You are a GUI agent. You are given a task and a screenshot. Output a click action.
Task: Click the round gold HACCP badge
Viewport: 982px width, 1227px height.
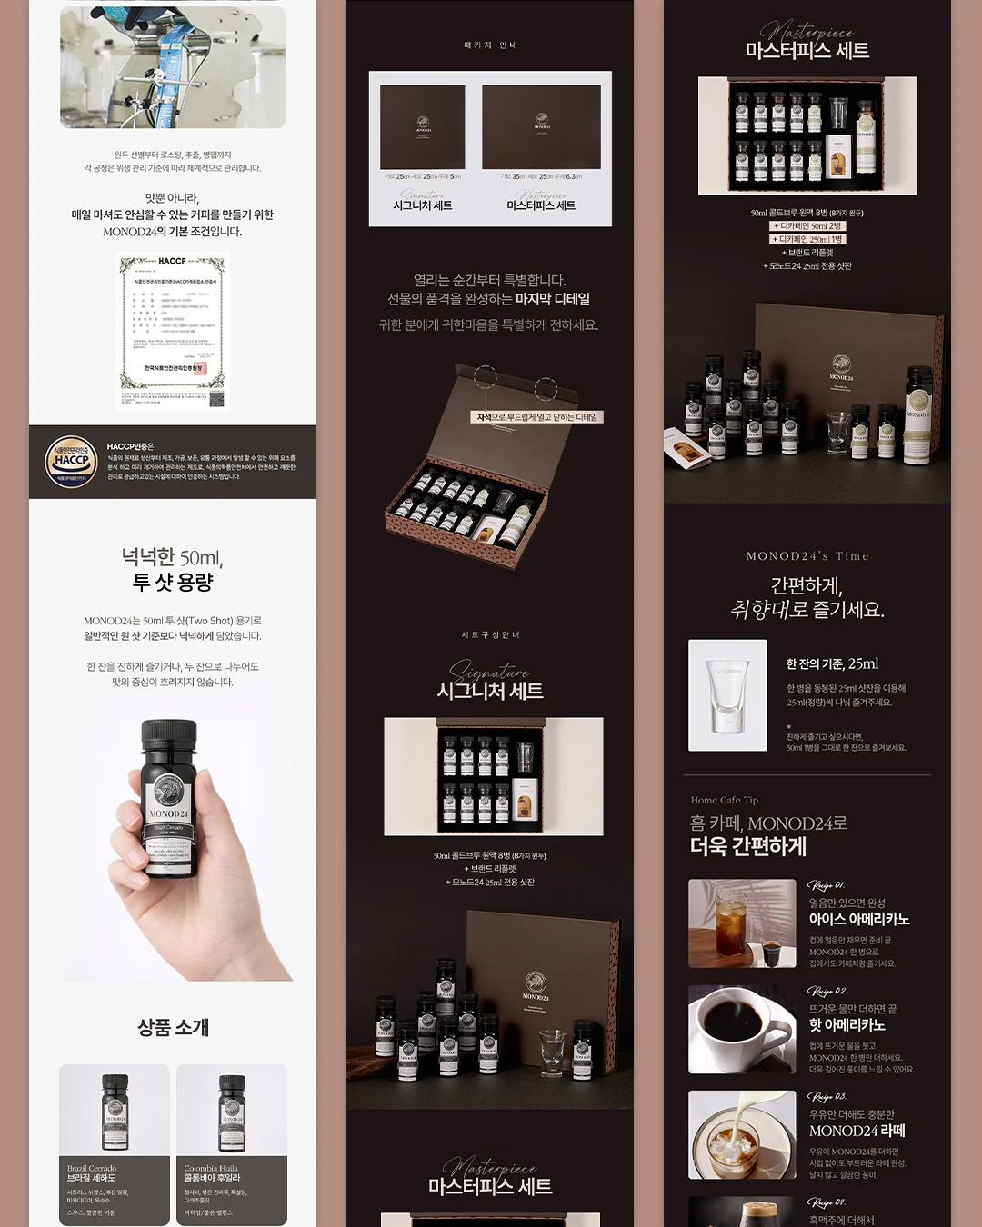pyautogui.click(x=71, y=461)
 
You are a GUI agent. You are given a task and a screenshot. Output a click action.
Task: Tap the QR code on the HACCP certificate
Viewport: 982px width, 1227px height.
pyautogui.click(x=216, y=399)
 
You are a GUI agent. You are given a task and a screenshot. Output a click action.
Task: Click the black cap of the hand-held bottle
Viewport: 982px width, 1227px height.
pyautogui.click(x=169, y=740)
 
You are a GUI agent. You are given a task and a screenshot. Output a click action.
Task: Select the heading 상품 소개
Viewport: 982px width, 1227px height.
pyautogui.click(x=173, y=1027)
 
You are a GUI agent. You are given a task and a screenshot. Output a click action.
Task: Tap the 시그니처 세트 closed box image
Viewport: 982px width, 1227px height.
pyautogui.click(x=423, y=127)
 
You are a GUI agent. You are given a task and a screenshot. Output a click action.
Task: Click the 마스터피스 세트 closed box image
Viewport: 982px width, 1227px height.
pyautogui.click(x=542, y=126)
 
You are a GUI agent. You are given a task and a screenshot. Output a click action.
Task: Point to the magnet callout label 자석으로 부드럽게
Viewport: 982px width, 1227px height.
pyautogui.click(x=537, y=417)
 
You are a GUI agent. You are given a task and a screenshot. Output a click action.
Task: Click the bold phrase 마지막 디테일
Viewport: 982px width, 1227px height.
pyautogui.click(x=553, y=299)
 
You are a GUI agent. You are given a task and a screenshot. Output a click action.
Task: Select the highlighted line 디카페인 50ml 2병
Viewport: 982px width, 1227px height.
pyautogui.click(x=807, y=225)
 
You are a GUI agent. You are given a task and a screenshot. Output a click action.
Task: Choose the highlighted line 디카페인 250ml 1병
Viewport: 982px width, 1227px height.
pyautogui.click(x=807, y=239)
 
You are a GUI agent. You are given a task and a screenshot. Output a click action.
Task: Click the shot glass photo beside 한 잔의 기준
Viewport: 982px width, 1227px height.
pyautogui.click(x=727, y=695)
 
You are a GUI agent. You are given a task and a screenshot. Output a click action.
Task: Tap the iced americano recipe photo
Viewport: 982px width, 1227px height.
pyautogui.click(x=742, y=923)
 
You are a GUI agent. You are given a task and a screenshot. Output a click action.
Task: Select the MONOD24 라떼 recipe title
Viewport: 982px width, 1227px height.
pyautogui.click(x=857, y=1131)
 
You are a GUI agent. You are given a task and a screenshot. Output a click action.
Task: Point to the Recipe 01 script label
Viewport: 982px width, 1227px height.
pyautogui.click(x=826, y=885)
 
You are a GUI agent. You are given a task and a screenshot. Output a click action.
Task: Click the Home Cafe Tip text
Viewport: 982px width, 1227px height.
pyautogui.click(x=724, y=800)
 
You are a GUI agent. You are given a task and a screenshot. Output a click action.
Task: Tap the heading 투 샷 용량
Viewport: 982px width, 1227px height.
pyautogui.click(x=173, y=582)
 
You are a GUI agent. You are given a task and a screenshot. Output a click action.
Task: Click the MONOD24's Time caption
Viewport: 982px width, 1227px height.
pyautogui.click(x=807, y=556)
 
